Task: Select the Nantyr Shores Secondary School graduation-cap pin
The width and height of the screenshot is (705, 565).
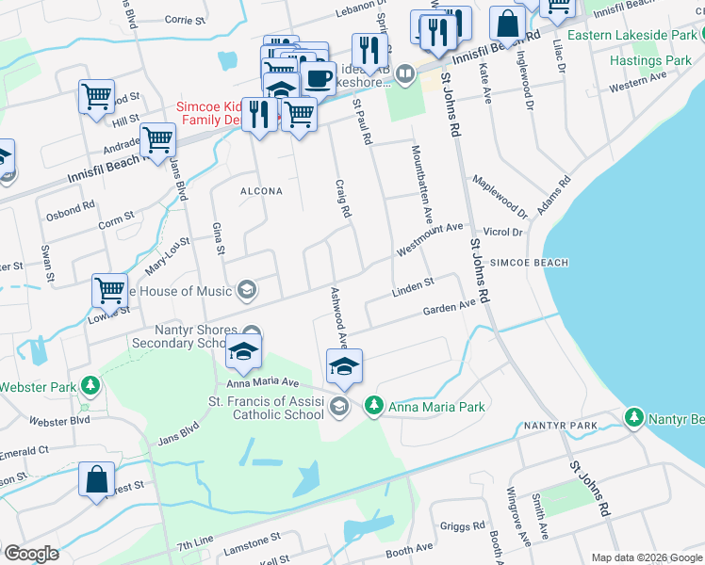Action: tap(244, 353)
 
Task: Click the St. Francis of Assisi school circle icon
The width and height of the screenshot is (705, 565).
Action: tap(340, 407)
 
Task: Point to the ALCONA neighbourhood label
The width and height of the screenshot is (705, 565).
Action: tap(261, 191)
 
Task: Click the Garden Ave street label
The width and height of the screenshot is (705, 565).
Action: tap(449, 308)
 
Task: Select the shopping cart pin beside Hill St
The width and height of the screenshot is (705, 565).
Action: tap(96, 96)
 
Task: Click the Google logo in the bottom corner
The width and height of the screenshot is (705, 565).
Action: tap(30, 554)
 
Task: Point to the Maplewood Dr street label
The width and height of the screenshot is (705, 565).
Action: tap(500, 193)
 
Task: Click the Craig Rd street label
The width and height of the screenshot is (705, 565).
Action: tap(341, 197)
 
